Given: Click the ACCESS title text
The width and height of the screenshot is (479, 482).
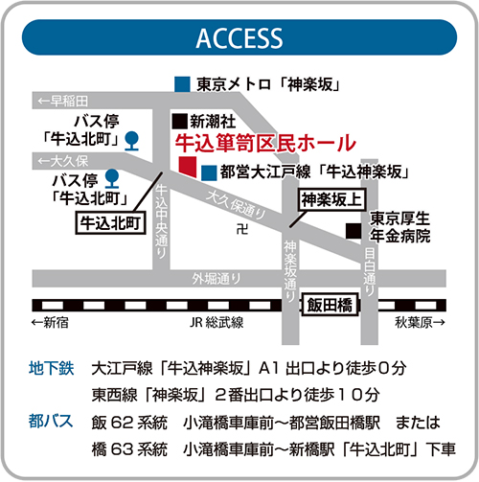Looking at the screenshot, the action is click(x=239, y=38).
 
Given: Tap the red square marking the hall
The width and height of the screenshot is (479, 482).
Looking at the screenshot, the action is click(x=188, y=167).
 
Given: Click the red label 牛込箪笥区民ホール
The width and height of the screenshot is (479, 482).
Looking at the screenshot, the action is click(x=265, y=143).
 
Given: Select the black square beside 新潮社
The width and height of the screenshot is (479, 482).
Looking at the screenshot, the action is click(x=180, y=122).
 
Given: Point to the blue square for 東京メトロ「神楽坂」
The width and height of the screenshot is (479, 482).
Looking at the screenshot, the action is click(x=182, y=84).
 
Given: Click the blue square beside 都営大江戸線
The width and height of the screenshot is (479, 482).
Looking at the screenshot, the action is click(x=209, y=172).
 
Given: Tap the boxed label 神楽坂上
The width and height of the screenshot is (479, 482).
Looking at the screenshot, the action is click(x=331, y=200).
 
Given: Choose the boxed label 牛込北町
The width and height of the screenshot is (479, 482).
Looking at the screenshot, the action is click(x=110, y=222).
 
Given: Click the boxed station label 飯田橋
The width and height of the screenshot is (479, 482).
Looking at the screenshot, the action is click(x=331, y=305).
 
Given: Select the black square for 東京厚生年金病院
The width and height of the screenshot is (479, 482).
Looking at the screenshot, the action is click(x=354, y=231).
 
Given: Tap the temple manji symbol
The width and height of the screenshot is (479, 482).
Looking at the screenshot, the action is click(x=242, y=229).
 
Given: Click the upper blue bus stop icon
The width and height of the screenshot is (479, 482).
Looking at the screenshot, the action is click(x=131, y=141).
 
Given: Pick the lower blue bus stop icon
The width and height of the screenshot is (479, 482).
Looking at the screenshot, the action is click(x=112, y=178).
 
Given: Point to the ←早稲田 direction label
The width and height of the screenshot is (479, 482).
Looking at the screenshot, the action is click(x=62, y=101).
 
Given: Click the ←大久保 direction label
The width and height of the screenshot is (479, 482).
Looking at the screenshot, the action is click(x=62, y=161).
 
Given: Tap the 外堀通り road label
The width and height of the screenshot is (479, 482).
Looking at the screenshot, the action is click(x=217, y=279).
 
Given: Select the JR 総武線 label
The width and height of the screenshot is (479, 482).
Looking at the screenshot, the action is click(x=217, y=323).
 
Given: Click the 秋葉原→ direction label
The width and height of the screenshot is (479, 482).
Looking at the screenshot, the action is click(x=420, y=323).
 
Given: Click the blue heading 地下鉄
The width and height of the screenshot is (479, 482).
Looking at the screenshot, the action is click(x=52, y=368).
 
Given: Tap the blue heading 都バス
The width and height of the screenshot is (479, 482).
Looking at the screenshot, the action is click(x=51, y=421).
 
